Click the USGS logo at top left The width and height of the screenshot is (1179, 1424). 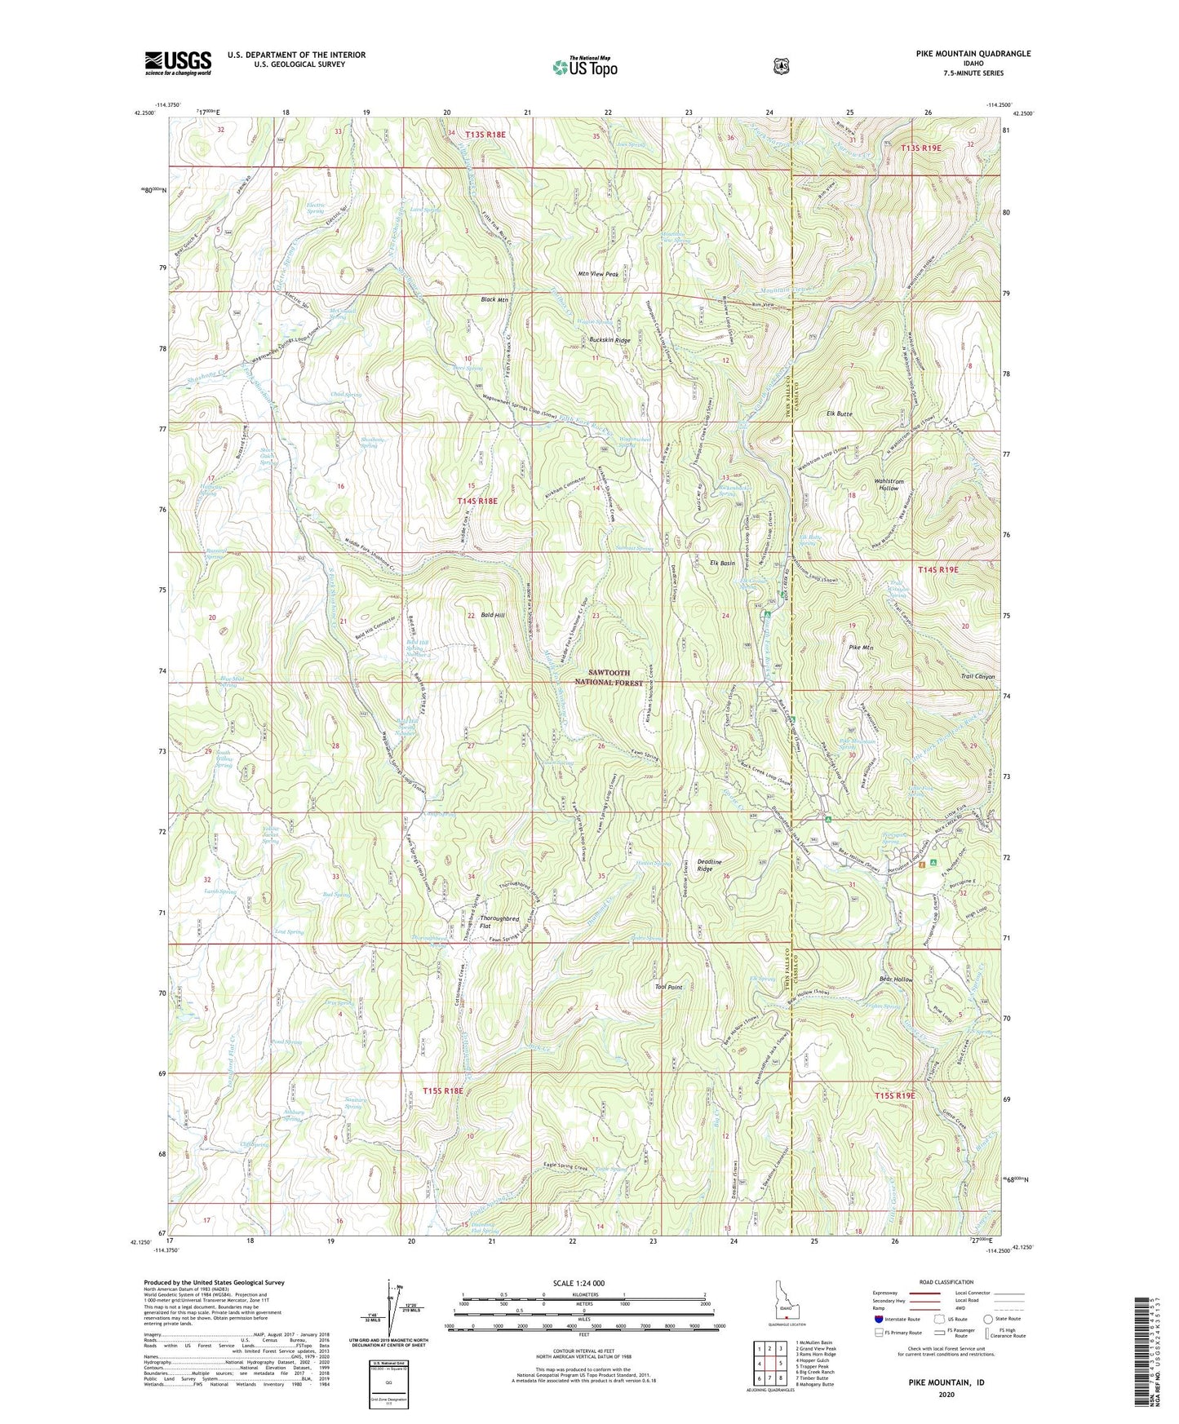178,62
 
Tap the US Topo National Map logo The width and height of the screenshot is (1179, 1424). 584,66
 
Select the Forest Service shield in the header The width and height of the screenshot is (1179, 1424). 781,65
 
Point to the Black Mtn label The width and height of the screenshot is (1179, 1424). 494,299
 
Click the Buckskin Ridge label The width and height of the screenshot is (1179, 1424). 610,340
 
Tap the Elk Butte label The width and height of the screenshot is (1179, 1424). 839,413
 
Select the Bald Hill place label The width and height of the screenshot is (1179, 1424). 494,615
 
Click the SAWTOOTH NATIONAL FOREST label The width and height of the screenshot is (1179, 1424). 609,677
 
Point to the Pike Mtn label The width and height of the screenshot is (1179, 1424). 861,648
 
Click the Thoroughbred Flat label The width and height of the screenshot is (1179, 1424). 499,922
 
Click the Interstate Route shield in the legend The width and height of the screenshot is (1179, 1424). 878,1319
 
